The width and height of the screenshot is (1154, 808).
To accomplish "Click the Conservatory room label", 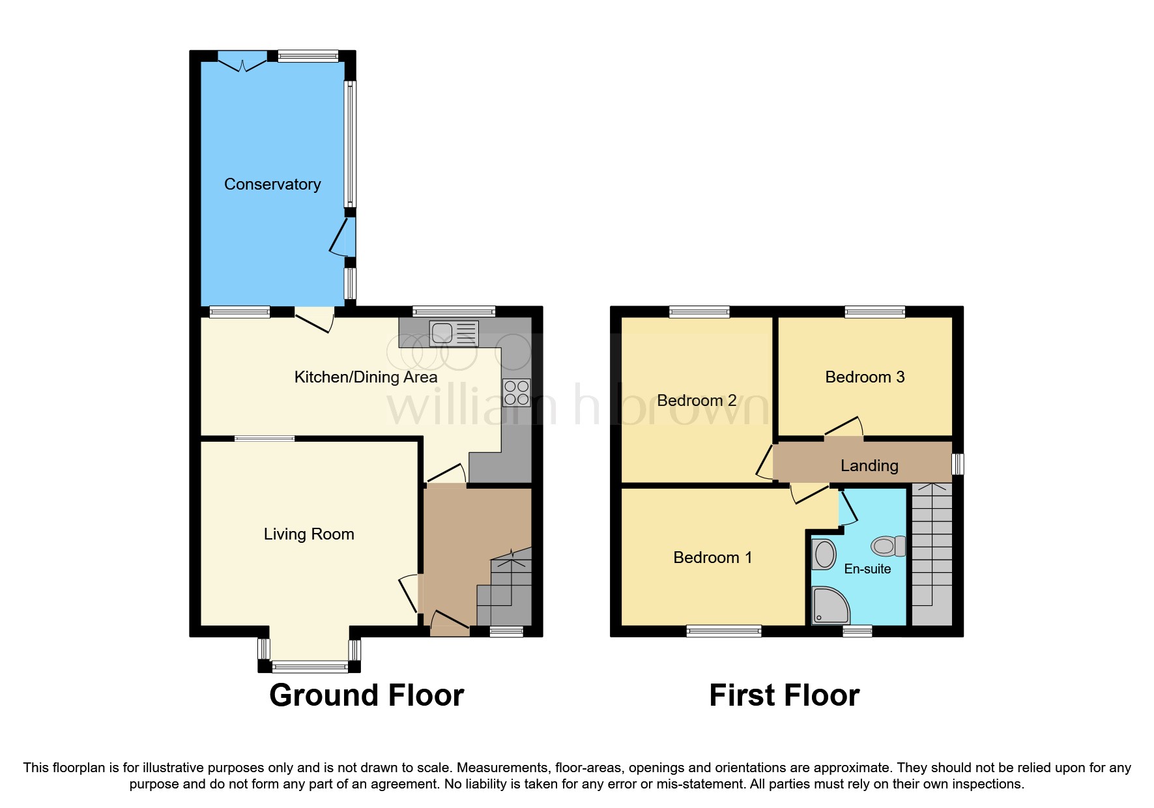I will click(x=272, y=184).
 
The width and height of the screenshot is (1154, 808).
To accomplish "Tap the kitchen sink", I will click(x=454, y=333).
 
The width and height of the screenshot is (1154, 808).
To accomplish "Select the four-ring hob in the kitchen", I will click(x=516, y=393).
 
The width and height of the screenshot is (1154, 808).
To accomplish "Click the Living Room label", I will click(x=309, y=534).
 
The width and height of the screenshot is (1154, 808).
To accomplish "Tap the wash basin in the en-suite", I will click(x=824, y=555).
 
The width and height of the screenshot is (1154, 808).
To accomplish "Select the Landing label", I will click(x=869, y=466).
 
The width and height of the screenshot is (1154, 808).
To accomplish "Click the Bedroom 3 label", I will click(x=865, y=377).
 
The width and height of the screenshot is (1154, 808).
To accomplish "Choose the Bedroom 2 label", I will click(x=697, y=401).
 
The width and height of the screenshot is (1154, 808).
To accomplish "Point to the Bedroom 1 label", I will click(x=712, y=558).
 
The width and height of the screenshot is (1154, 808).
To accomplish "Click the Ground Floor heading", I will click(x=366, y=695).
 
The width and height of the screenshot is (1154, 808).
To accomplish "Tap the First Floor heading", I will click(x=784, y=695).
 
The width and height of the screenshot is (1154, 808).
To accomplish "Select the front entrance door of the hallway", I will click(x=450, y=622).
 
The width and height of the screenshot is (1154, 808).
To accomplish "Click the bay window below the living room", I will click(x=310, y=666).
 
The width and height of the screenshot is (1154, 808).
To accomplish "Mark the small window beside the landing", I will click(x=957, y=465).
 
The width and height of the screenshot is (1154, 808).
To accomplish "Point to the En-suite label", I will click(x=867, y=569).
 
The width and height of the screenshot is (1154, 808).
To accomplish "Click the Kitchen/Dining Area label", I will click(x=366, y=377).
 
